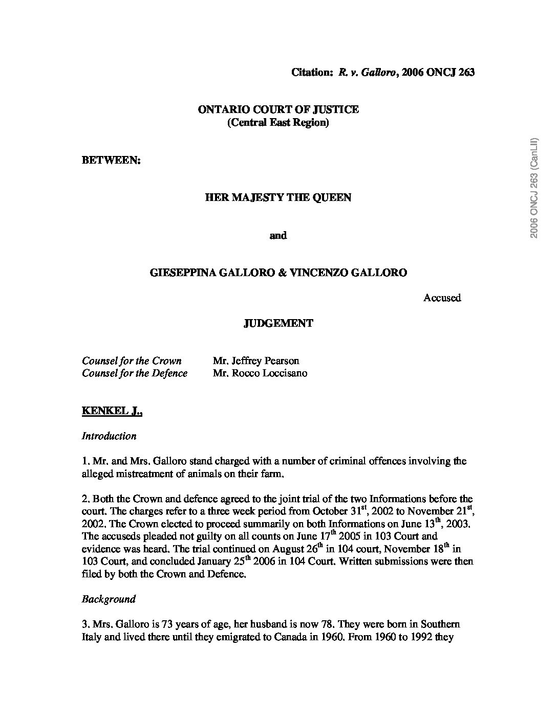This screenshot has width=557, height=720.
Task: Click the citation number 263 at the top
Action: pyautogui.click(x=466, y=72)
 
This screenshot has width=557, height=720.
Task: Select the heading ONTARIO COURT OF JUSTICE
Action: pyautogui.click(x=278, y=109)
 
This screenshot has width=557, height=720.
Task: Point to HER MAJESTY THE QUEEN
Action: pyautogui.click(x=278, y=197)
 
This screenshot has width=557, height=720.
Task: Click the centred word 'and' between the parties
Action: pyautogui.click(x=278, y=235)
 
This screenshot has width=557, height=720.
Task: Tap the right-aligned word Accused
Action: pyautogui.click(x=442, y=298)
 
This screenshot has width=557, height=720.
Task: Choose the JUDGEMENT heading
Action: pyautogui.click(x=278, y=323)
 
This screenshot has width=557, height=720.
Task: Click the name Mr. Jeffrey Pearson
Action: pyautogui.click(x=256, y=361)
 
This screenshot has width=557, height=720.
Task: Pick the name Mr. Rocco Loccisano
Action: pyautogui.click(x=260, y=373)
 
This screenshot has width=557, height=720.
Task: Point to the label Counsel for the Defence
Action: pyautogui.click(x=135, y=373)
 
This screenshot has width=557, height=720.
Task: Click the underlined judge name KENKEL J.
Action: pyautogui.click(x=112, y=411)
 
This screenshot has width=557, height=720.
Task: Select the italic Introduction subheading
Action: pyautogui.click(x=109, y=436)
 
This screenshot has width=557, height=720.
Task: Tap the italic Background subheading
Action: pyautogui.click(x=109, y=599)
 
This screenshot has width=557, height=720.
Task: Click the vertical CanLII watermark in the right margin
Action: pyautogui.click(x=534, y=188)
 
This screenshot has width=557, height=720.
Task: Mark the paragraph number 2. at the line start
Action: pyautogui.click(x=85, y=499)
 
